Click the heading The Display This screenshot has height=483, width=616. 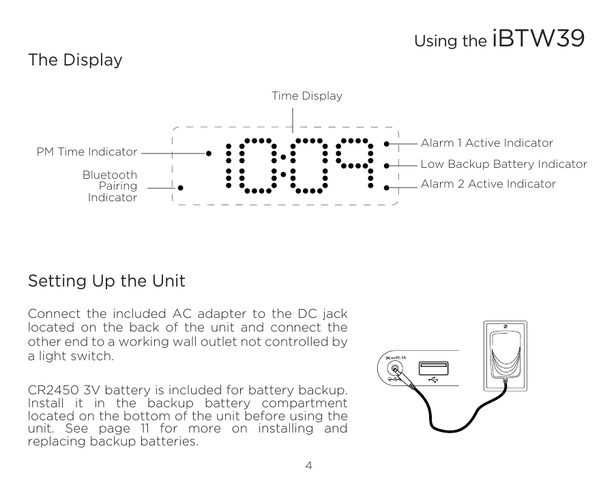coord(75,60)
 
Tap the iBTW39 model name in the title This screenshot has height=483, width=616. coord(538,39)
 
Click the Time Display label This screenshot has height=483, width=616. coord(307,96)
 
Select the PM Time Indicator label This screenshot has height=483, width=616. coord(87,151)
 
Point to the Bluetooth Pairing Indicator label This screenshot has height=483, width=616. coord(110,186)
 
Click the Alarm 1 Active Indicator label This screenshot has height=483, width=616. coord(486,143)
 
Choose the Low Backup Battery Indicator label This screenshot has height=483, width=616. coord(503,164)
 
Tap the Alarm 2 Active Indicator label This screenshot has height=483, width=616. coord(488,184)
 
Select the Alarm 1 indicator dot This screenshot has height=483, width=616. coord(386,144)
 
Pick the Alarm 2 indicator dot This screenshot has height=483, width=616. coord(386,186)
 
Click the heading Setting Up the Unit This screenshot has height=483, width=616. coord(106,281)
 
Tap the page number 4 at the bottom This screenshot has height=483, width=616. coord(308,466)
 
